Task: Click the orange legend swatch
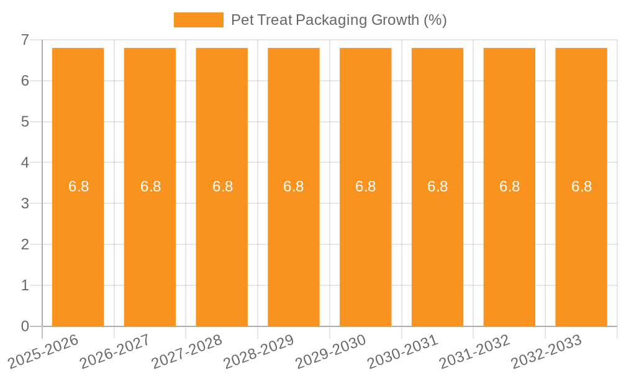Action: point(198,20)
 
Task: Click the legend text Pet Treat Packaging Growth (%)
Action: point(338,20)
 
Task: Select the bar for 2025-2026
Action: point(78,249)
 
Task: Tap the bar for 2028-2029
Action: point(294,249)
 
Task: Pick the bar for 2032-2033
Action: point(581,249)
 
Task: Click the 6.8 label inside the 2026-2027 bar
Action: point(150,186)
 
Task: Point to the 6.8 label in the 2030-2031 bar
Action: point(438,186)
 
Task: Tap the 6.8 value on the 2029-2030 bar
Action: point(366,186)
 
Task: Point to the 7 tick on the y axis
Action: point(25,40)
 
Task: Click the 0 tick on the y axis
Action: point(25,326)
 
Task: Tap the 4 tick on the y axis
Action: point(25,163)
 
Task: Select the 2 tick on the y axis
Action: point(25,244)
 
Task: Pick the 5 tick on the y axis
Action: point(25,122)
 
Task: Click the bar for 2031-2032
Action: point(509,249)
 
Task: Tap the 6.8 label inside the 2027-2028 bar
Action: point(222,186)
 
